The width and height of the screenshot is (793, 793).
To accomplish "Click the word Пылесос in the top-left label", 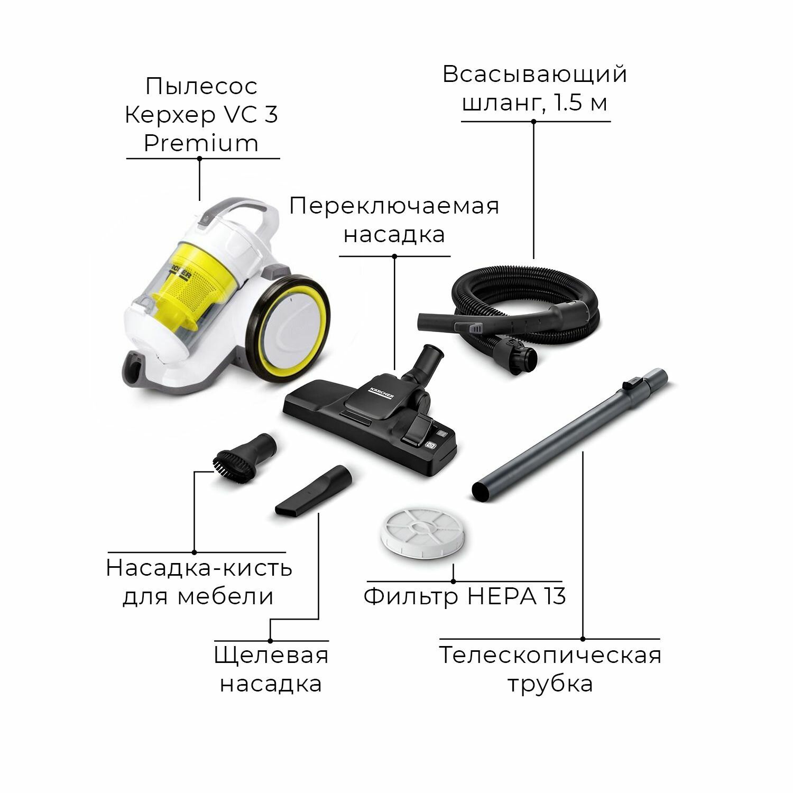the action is point(201,86).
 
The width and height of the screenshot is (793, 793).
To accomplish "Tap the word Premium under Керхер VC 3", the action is point(201,143).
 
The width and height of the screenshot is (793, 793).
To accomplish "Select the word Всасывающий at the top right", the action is point(535,75).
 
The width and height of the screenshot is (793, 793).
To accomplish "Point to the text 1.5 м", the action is point(580,103).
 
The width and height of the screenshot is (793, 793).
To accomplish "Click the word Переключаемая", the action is point(394,206).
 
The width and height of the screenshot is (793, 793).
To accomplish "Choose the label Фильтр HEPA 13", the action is point(465,596).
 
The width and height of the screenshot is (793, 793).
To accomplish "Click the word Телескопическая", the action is point(550,655).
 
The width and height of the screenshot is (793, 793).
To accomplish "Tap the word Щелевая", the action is point(272,656).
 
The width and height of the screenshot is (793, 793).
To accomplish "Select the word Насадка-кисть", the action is point(199,568).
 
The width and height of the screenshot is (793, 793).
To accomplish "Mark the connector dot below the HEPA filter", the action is point(453,582).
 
